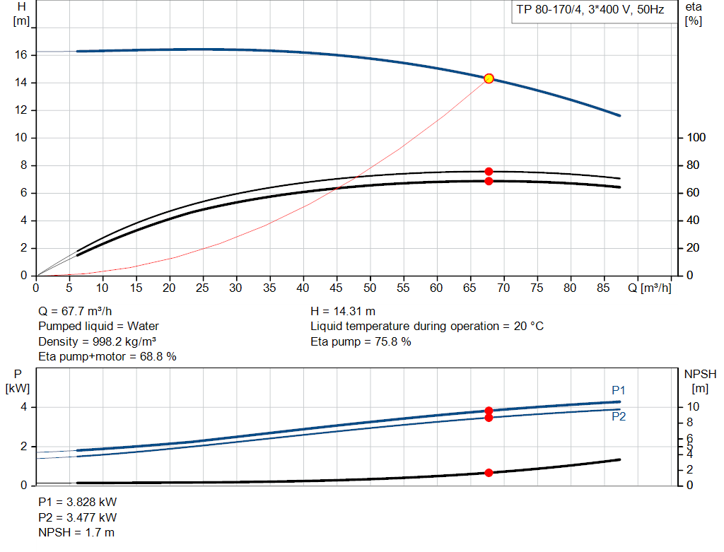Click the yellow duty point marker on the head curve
pos(489,78)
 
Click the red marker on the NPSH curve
pos(489,472)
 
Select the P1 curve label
pos(619,390)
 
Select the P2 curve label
pos(619,416)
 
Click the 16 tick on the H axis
pos(21,55)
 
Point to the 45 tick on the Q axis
pos(337,288)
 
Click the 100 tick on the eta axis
pos(696,138)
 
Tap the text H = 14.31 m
pos(343,311)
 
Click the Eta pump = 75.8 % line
pos(361,341)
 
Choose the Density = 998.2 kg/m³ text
pos(97,341)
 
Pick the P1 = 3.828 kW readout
pos(77,502)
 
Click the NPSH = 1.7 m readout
pos(76,532)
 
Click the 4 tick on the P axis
pos(23,407)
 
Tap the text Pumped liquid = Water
pos(98,326)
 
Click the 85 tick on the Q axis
pos(603,288)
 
